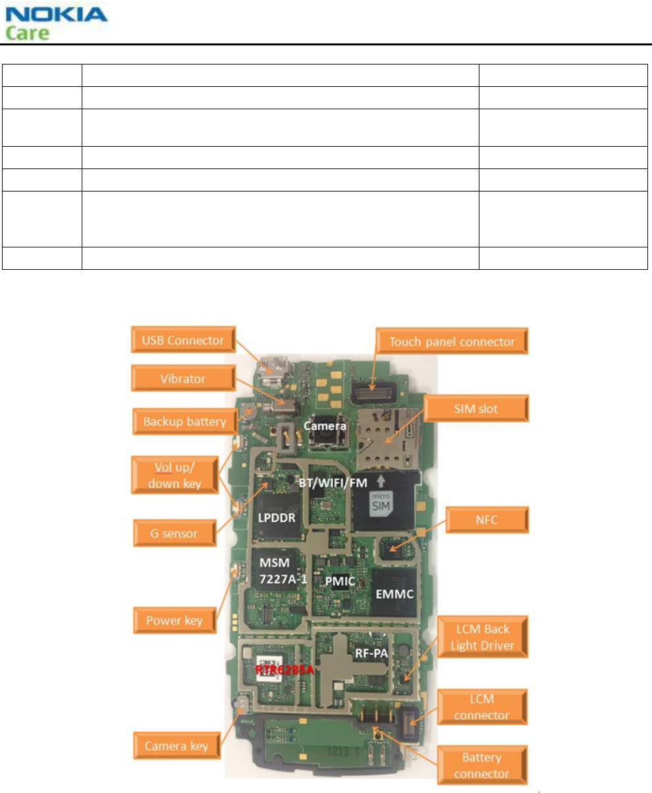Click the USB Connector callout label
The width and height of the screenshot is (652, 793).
(x=183, y=340)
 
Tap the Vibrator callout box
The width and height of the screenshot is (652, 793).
(x=183, y=378)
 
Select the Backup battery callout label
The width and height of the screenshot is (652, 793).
(x=184, y=422)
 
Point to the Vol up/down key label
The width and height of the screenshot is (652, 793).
(x=175, y=475)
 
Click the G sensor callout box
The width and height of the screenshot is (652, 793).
(x=175, y=534)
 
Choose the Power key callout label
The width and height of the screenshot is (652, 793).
(x=175, y=621)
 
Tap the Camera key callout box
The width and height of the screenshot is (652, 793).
(x=177, y=746)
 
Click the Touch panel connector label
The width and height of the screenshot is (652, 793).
(x=452, y=342)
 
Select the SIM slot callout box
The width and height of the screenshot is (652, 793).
(x=476, y=409)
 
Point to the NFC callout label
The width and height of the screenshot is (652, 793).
(x=487, y=520)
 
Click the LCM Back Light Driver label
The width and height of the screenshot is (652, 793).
(x=482, y=637)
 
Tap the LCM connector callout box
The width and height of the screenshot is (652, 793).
(x=481, y=707)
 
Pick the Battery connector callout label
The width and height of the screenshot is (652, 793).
(x=481, y=765)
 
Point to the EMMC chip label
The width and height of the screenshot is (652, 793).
(x=394, y=594)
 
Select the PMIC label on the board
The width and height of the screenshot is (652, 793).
(x=340, y=582)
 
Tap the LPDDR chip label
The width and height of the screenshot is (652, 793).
(x=277, y=518)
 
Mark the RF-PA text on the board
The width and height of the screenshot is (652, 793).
(x=371, y=653)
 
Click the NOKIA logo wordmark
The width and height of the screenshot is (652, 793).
(x=57, y=14)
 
